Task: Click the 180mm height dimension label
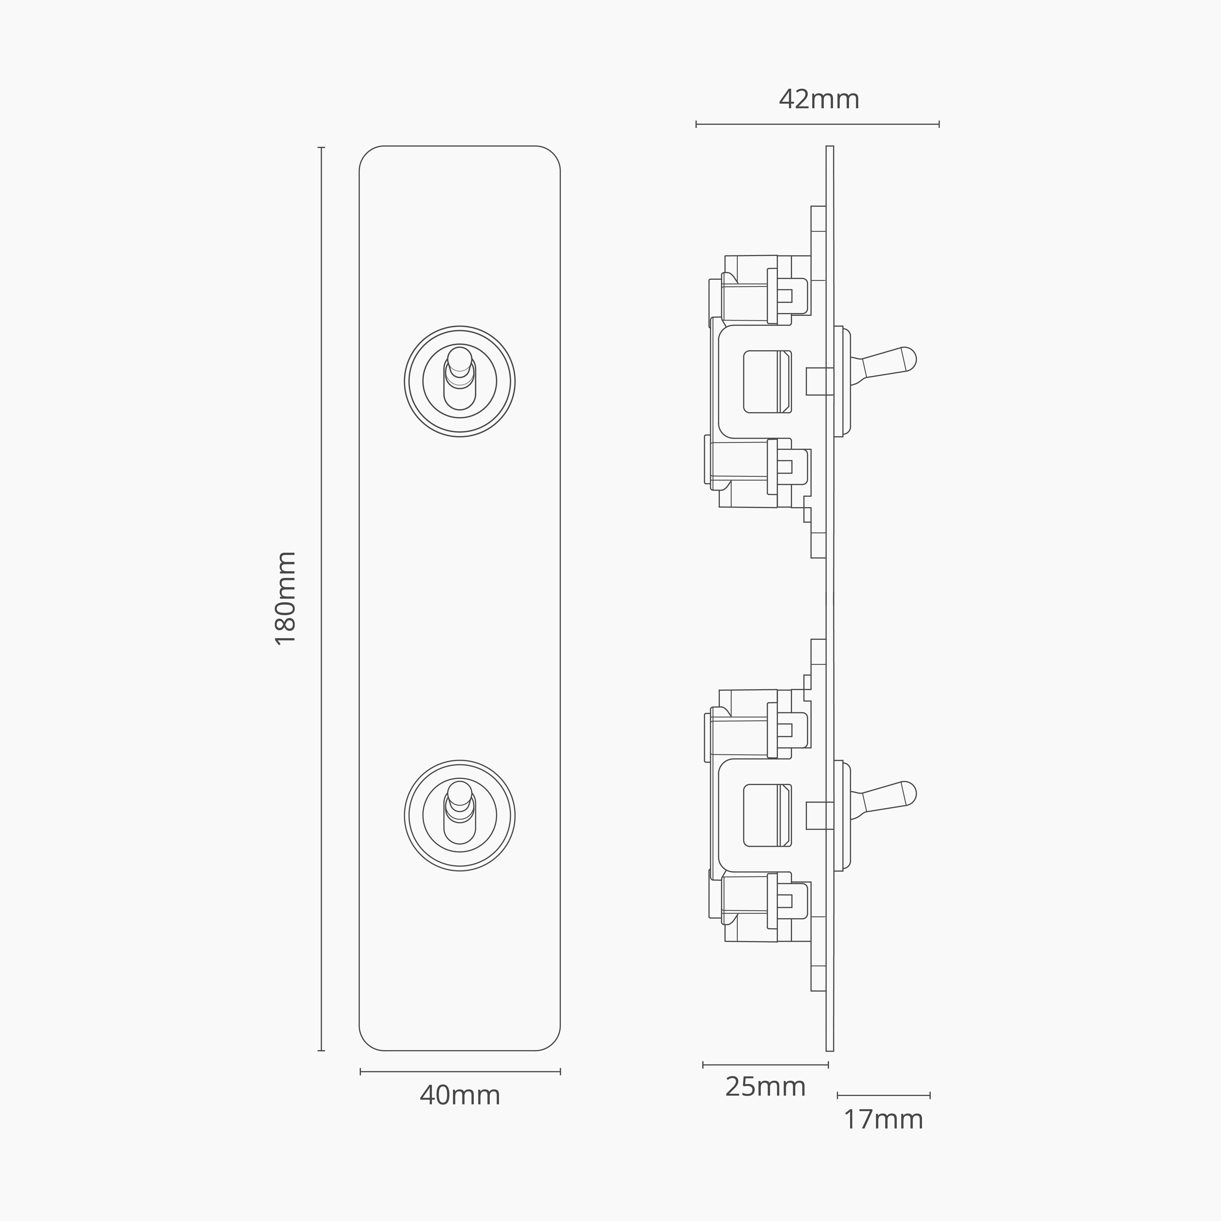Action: (x=286, y=598)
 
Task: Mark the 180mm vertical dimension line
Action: (x=321, y=598)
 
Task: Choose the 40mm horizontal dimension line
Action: (x=460, y=1071)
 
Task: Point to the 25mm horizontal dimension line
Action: (x=765, y=1065)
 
